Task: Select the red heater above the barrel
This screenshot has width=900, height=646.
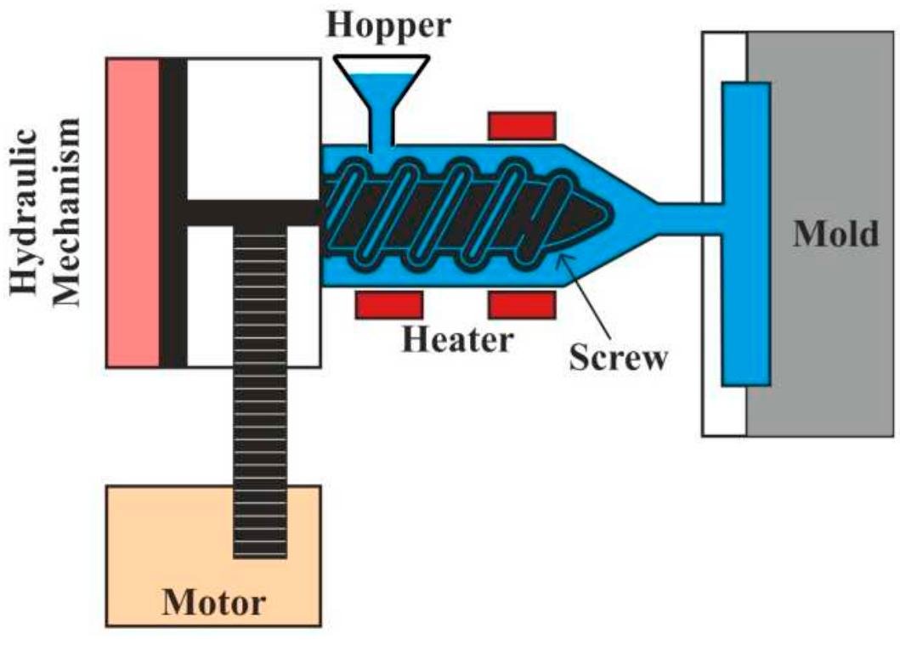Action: tap(521, 124)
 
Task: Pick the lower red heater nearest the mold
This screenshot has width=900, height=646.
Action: tap(521, 303)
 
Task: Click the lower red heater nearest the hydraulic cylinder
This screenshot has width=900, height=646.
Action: tap(388, 303)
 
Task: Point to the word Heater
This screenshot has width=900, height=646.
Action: tap(458, 339)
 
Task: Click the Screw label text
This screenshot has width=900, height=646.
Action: tap(618, 357)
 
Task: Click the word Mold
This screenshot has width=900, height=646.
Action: tap(835, 233)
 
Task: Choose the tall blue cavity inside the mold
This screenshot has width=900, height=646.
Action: tap(746, 234)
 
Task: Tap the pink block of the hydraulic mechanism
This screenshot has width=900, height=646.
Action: tap(133, 212)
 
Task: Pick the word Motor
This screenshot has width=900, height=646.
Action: tap(213, 603)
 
